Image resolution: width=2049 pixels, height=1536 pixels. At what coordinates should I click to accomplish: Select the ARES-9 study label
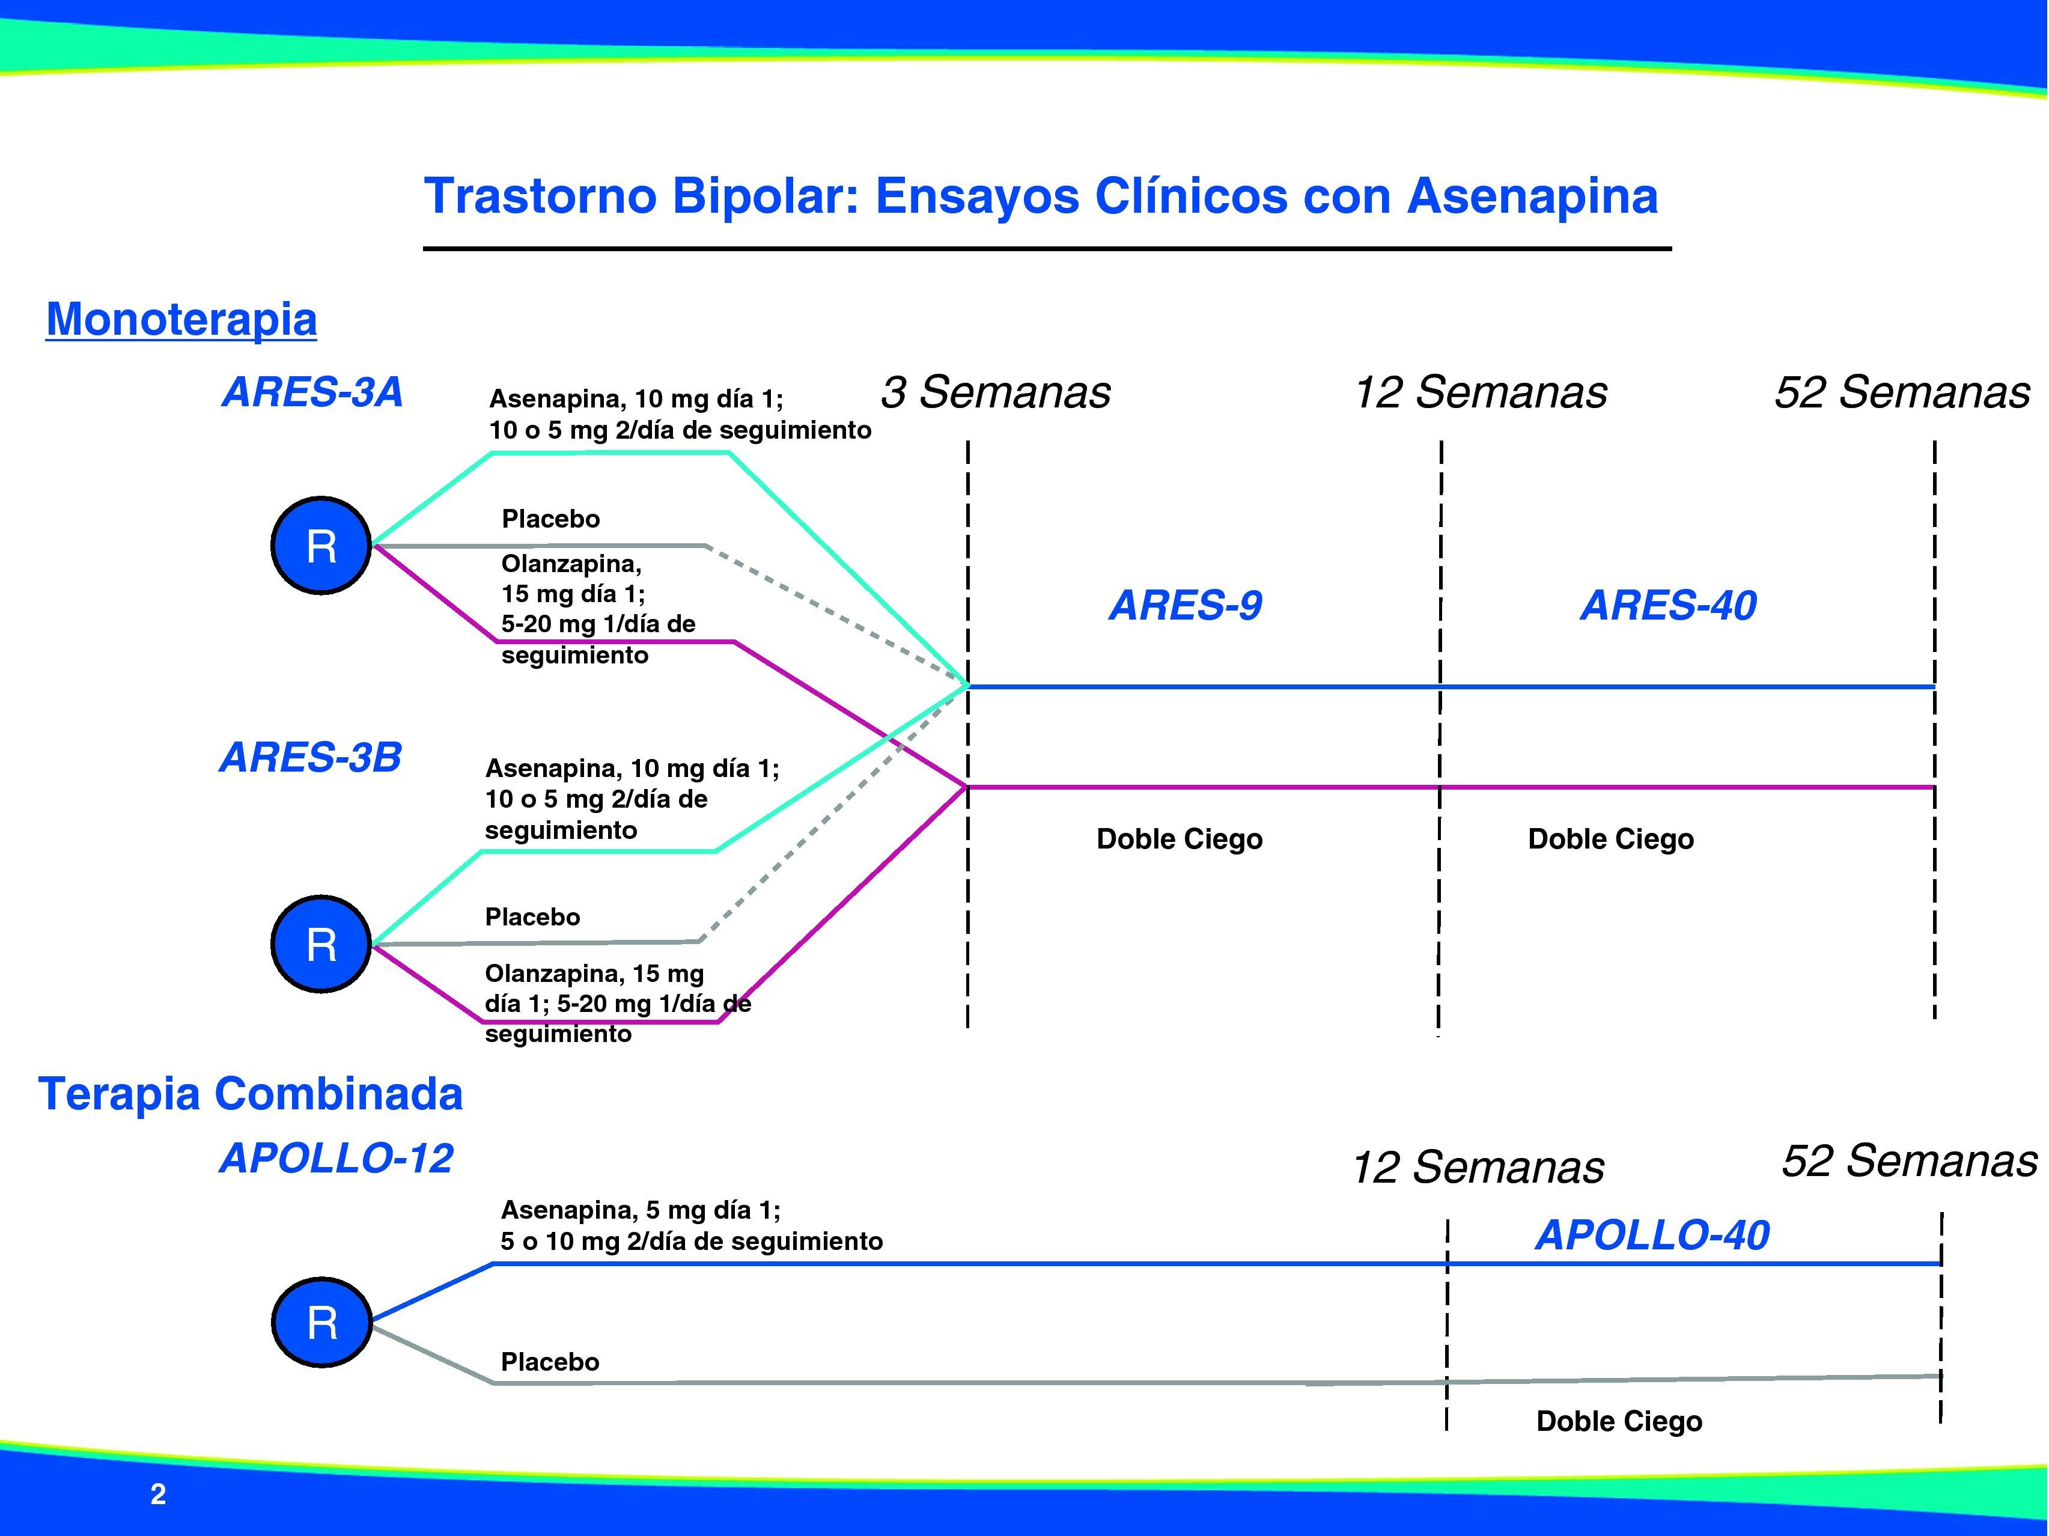pos(1185,606)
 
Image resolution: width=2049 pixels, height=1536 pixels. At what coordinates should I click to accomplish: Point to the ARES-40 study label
pos(1667,606)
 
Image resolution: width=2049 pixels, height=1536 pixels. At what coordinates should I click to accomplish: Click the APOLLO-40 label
pos(1652,1235)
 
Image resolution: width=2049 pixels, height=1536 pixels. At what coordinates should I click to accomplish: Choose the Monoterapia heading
pos(181,320)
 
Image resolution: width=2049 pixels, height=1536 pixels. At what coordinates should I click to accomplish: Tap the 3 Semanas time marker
pos(995,392)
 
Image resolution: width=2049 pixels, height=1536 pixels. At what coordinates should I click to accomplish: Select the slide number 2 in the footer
pos(159,1495)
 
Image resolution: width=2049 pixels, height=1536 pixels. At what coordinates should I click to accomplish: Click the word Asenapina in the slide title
pos(1532,197)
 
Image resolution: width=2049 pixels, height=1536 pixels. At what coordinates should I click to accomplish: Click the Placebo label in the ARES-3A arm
pos(550,519)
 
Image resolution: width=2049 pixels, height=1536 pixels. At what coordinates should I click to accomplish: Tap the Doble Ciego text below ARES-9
pos(1179,840)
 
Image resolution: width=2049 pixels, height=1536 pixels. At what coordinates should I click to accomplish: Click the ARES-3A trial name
pos(312,392)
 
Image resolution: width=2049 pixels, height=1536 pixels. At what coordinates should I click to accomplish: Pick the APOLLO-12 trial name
pos(336,1159)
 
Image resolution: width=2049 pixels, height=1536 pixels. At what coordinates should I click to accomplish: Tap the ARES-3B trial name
pos(310,758)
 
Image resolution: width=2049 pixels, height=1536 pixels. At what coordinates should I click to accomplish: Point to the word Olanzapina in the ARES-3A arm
pos(571,563)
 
